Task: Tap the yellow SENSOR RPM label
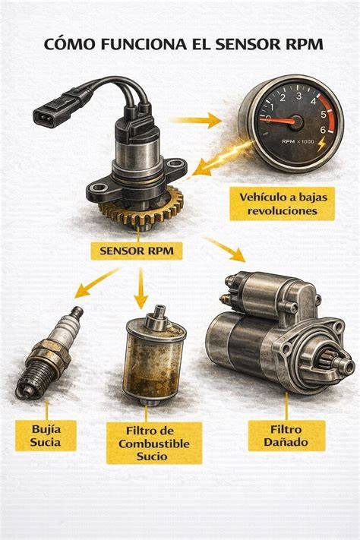(x=137, y=251)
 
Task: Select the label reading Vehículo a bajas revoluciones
(x=282, y=204)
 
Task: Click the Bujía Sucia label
(x=46, y=436)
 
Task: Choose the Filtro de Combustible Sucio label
(x=154, y=444)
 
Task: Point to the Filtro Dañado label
(x=286, y=436)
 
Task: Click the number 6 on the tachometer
(x=323, y=130)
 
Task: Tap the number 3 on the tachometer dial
(x=298, y=96)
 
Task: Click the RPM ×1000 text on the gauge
(x=298, y=141)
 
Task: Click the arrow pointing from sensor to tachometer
(x=197, y=120)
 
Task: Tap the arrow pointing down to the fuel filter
(x=141, y=289)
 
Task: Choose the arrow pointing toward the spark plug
(x=96, y=283)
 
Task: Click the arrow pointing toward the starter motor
(x=224, y=248)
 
